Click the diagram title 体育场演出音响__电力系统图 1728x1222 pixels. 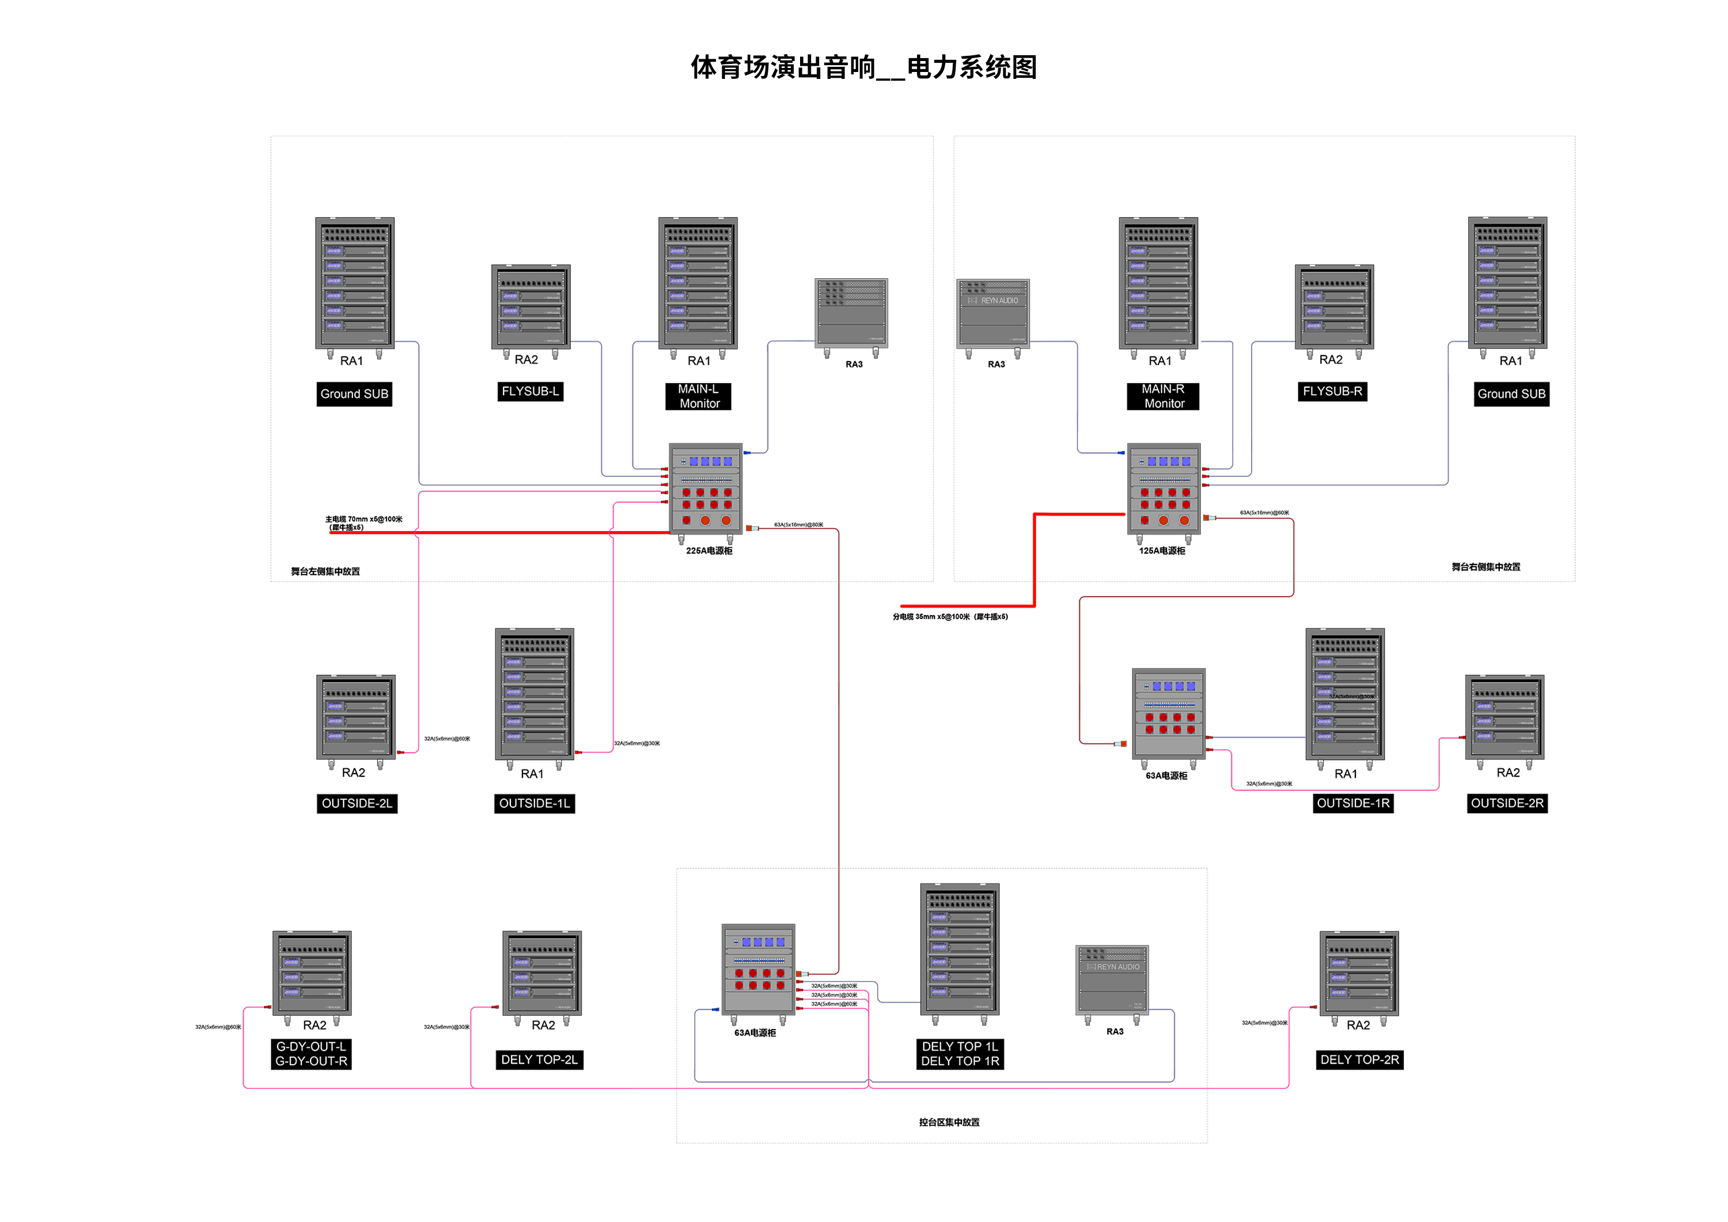tap(863, 68)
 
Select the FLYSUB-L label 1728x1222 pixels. tap(530, 391)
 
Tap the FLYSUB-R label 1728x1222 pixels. tap(1332, 391)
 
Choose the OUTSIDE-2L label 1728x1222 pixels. tap(357, 804)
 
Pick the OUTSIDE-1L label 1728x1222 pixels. tap(535, 804)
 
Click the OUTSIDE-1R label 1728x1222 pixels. tap(1352, 804)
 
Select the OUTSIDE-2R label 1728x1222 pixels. tap(1507, 804)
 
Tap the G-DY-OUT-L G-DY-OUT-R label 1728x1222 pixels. tap(311, 1054)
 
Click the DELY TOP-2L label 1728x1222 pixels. tap(539, 1060)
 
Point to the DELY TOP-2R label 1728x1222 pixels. tap(1359, 1060)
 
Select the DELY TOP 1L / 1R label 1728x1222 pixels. tap(960, 1054)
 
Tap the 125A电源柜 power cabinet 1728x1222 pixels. tap(1164, 489)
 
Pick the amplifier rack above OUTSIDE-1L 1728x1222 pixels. tap(535, 695)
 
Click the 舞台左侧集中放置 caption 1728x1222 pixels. tap(325, 572)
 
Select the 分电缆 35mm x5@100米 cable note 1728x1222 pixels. tap(950, 617)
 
